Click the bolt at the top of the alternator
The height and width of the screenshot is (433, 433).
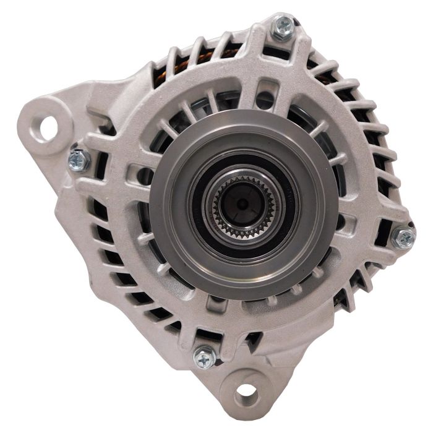(x=283, y=25)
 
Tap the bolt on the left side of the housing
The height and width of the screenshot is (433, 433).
(x=79, y=160)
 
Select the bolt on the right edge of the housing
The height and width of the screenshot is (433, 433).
(x=403, y=237)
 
